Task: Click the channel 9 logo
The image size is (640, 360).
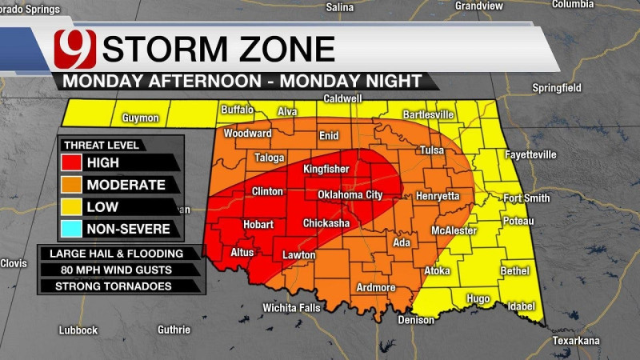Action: pyautogui.click(x=74, y=49)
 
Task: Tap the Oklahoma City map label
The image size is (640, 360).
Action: pyautogui.click(x=350, y=194)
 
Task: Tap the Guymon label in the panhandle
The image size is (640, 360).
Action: pyautogui.click(x=142, y=118)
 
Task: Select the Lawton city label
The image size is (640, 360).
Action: pyautogui.click(x=300, y=256)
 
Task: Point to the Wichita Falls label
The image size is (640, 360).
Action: pyautogui.click(x=293, y=308)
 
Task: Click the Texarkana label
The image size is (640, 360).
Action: pyautogui.click(x=576, y=341)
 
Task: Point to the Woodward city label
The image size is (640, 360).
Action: pyautogui.click(x=247, y=134)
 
